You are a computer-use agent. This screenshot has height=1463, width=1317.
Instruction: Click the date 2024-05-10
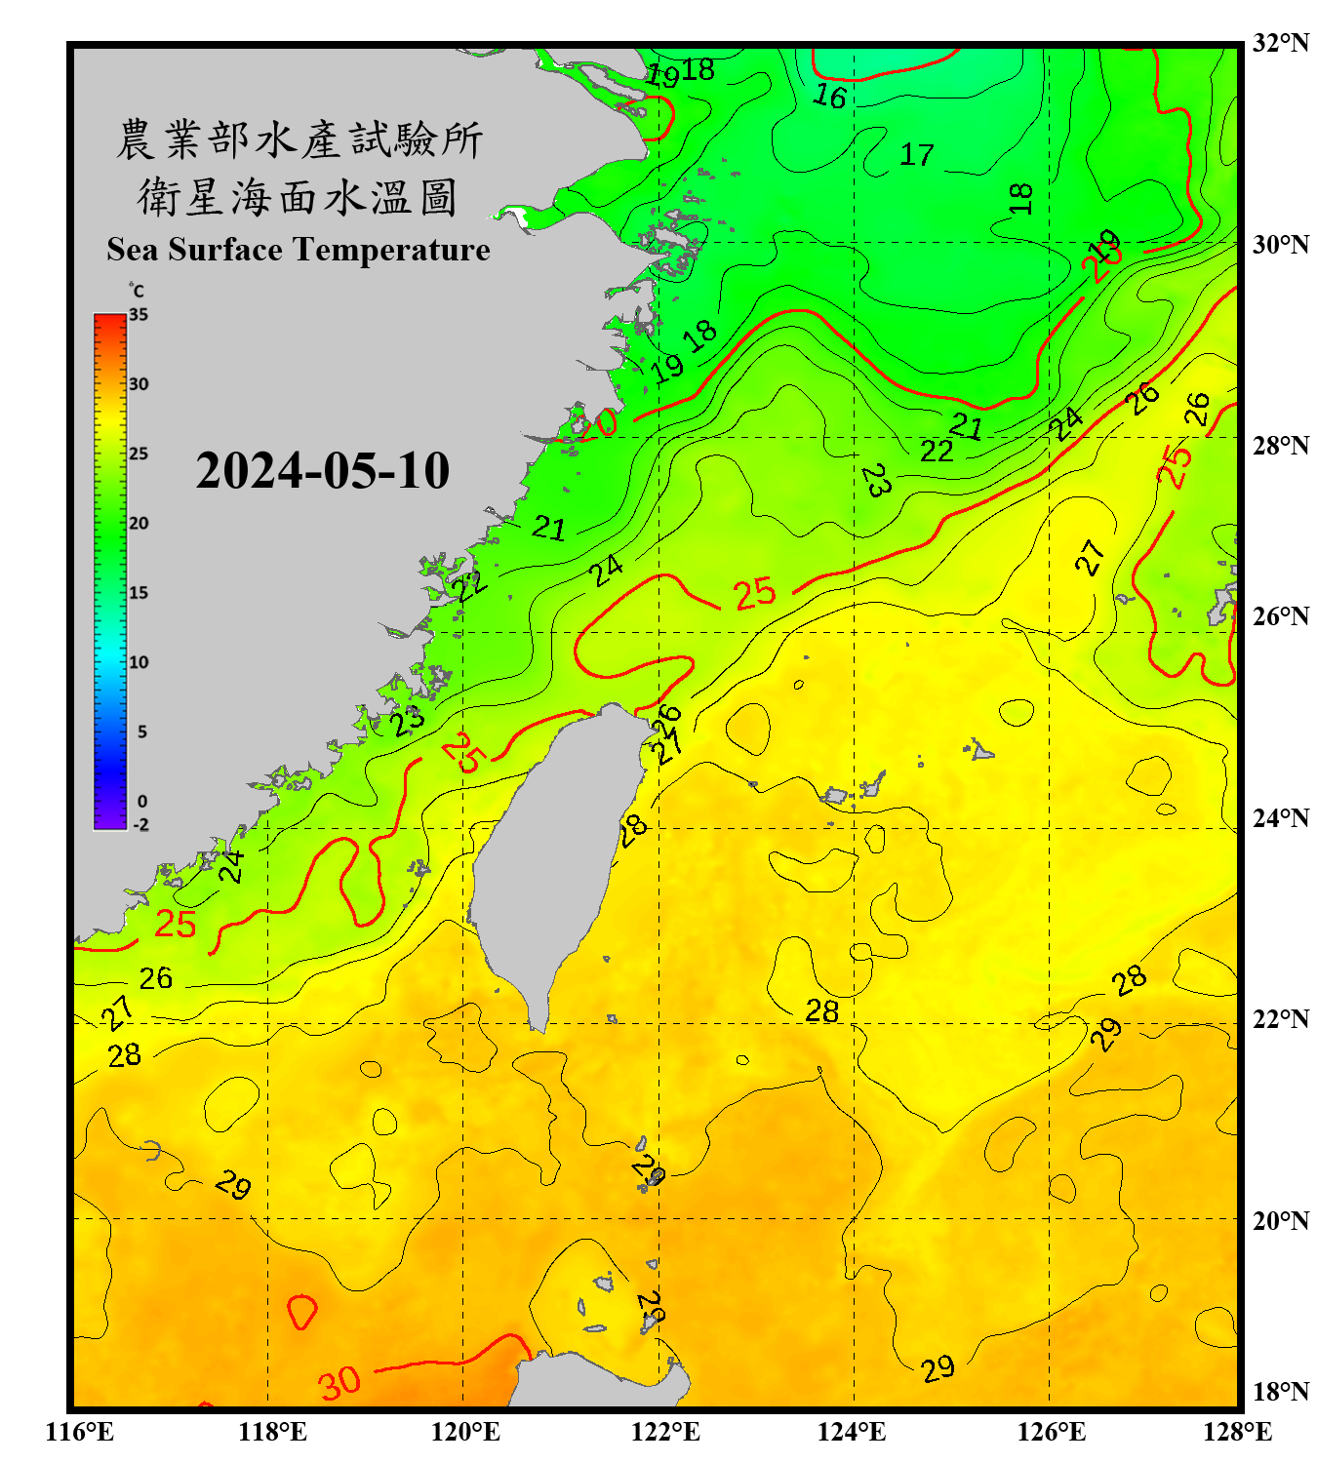[x=322, y=471]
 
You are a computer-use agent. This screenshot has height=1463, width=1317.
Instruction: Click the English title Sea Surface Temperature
[x=299, y=250]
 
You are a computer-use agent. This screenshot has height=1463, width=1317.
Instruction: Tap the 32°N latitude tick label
[x=1280, y=43]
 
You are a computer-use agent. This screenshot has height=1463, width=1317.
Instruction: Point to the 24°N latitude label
[x=1280, y=817]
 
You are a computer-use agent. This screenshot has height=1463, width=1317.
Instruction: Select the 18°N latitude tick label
[x=1280, y=1392]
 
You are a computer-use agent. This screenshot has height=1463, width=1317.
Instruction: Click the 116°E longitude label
[x=80, y=1432]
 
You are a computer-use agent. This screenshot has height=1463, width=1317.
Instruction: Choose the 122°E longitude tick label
[x=665, y=1432]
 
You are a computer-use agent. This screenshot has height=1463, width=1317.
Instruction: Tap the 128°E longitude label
[x=1237, y=1432]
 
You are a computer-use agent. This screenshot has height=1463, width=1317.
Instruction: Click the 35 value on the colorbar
[x=139, y=315]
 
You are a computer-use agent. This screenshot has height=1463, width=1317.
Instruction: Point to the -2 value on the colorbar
[x=140, y=824]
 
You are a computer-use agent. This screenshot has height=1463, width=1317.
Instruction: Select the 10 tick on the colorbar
[x=139, y=662]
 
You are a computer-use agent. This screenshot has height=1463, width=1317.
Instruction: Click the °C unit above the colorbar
[x=137, y=291]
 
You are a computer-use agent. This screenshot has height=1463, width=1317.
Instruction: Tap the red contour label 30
[x=339, y=1382]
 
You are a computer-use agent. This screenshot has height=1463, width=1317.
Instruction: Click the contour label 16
[x=830, y=96]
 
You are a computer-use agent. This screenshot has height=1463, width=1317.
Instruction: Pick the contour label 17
[x=916, y=154]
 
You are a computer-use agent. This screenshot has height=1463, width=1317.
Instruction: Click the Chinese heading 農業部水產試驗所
[x=299, y=139]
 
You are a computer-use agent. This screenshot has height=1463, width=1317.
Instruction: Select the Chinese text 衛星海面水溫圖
[x=298, y=197]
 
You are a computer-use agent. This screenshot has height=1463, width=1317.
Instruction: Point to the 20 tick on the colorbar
[x=139, y=523]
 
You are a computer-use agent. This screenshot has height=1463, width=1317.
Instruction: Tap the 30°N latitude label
[x=1280, y=244]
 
